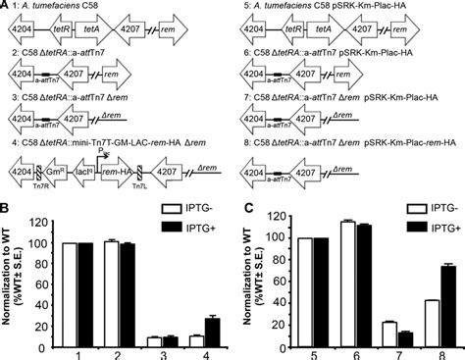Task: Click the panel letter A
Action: pos(7,7)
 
